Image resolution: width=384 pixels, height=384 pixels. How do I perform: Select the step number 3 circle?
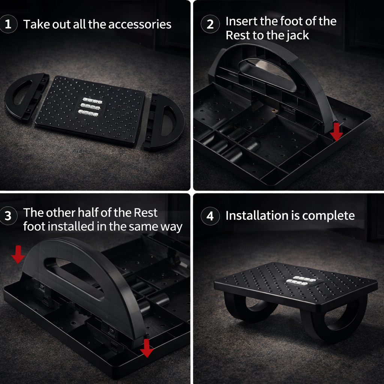tap(8, 216)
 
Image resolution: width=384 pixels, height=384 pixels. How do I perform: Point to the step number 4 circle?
tap(210, 216)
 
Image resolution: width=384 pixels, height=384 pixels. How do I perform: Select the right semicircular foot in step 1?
tap(163, 122)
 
